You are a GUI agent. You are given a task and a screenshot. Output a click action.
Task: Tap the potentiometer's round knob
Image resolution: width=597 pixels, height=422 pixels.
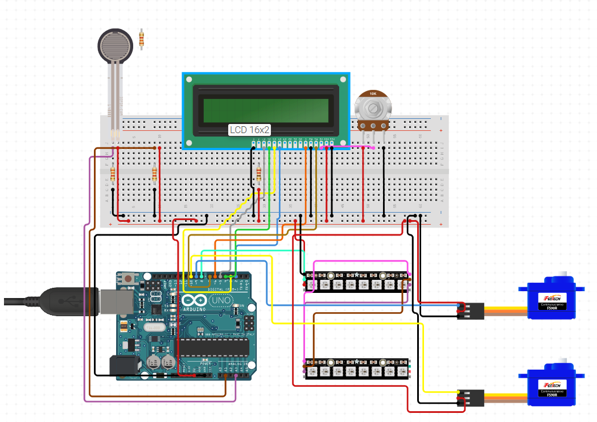click(x=373, y=108)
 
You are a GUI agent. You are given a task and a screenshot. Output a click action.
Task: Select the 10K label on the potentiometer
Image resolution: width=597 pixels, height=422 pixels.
click(x=373, y=93)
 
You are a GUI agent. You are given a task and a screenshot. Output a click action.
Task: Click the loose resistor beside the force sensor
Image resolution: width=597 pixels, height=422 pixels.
click(x=141, y=39)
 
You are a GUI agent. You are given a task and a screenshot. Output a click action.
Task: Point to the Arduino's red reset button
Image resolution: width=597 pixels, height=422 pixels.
click(x=129, y=279)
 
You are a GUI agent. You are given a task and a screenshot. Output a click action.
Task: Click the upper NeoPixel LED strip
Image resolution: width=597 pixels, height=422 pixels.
click(x=357, y=282)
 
